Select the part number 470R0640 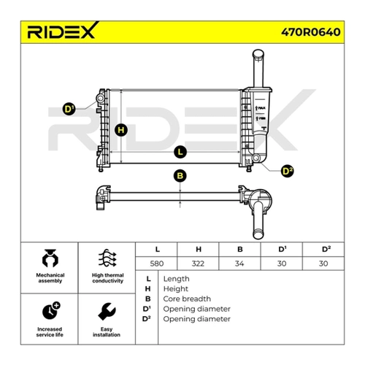311,32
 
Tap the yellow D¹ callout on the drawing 69,109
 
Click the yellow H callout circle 121,130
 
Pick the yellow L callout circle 180,152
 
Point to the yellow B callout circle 180,176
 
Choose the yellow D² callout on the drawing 287,171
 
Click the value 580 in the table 157,264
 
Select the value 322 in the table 198,264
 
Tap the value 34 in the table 239,264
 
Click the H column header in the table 199,249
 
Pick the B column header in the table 240,249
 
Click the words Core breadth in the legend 187,299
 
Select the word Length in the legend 176,279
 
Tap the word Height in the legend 176,289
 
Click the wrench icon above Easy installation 107,312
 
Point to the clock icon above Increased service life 51,311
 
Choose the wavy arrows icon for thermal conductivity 107,258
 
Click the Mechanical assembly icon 50,258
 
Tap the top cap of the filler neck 258,53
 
